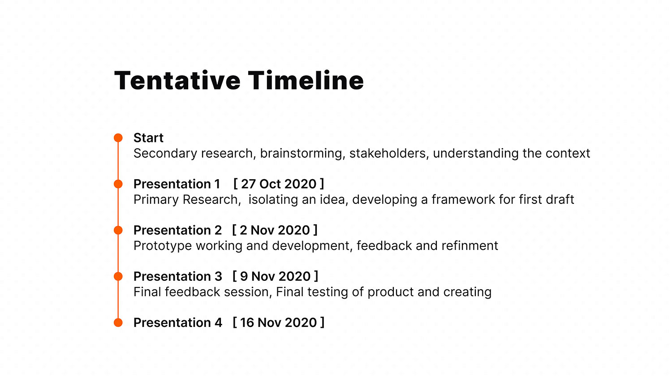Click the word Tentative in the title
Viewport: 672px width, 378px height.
pyautogui.click(x=177, y=80)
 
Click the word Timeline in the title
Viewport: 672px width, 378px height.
pyautogui.click(x=306, y=80)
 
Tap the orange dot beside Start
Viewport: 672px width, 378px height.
pyautogui.click(x=118, y=137)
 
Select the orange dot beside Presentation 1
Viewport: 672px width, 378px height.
pyautogui.click(x=118, y=184)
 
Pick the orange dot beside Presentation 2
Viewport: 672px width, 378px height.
pyautogui.click(x=118, y=230)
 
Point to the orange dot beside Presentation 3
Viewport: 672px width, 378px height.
pyautogui.click(x=118, y=276)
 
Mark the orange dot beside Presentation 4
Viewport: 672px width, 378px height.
pyautogui.click(x=118, y=322)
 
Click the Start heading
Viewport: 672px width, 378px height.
pyautogui.click(x=148, y=138)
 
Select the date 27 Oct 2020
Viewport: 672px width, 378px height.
pyautogui.click(x=279, y=184)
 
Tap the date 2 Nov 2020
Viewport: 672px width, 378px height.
pyautogui.click(x=275, y=230)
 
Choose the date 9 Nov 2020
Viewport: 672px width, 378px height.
pyautogui.click(x=276, y=276)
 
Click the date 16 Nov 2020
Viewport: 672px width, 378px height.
pyautogui.click(x=278, y=322)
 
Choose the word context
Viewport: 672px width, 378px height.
pyautogui.click(x=568, y=153)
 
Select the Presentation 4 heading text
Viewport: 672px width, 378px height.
pyautogui.click(x=177, y=322)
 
